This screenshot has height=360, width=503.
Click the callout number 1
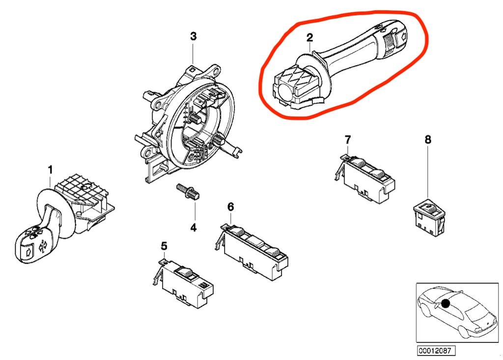(x=50, y=170)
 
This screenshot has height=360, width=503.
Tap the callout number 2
(x=309, y=37)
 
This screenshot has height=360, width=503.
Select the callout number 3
(x=193, y=36)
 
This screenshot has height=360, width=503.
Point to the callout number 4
(x=193, y=227)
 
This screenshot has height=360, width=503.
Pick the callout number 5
(x=164, y=246)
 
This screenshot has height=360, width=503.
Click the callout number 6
(x=231, y=207)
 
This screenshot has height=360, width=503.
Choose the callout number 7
(x=348, y=139)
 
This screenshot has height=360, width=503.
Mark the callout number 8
(x=428, y=139)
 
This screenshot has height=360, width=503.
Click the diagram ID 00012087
(x=436, y=350)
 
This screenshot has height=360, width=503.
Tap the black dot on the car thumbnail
(x=446, y=303)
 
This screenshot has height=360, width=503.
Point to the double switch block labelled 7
(x=365, y=178)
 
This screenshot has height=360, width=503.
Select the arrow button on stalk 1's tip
(x=28, y=251)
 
